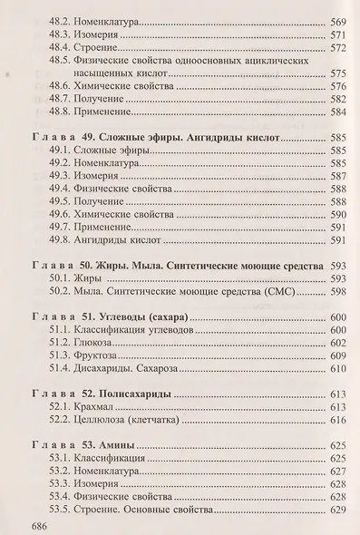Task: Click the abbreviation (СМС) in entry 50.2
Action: (287, 293)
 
